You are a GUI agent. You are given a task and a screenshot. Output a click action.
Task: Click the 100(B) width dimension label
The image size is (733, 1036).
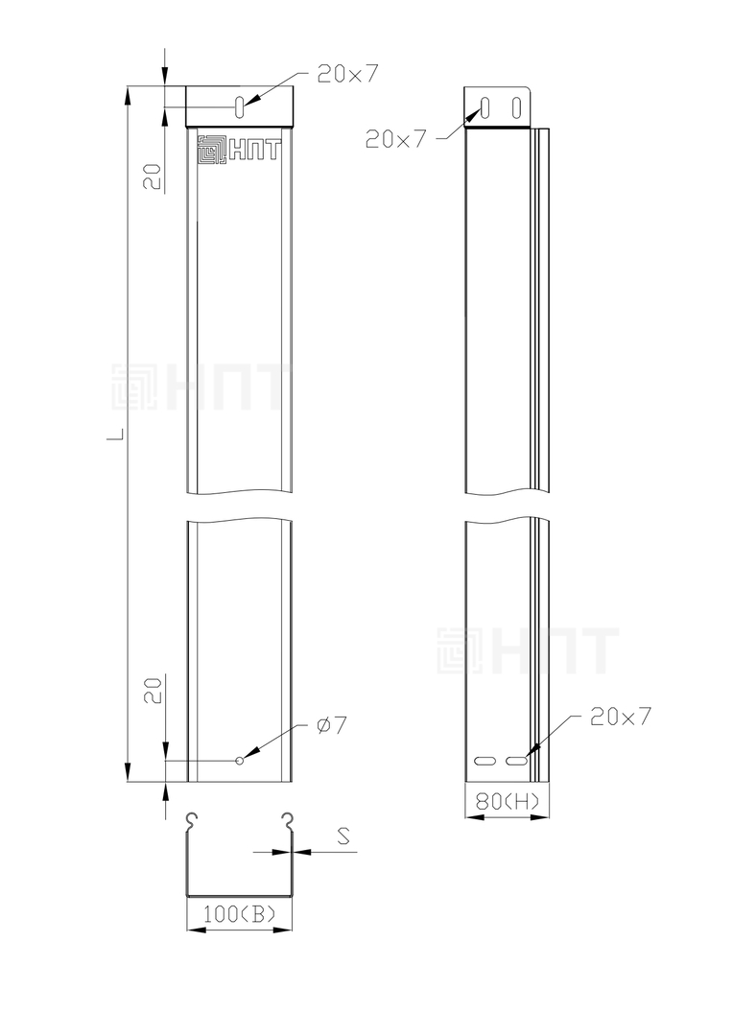pyautogui.click(x=239, y=914)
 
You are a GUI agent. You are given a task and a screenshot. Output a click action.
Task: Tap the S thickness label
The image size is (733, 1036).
pyautogui.click(x=343, y=836)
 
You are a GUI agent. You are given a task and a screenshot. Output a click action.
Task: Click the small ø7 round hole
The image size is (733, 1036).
pyautogui.click(x=240, y=761)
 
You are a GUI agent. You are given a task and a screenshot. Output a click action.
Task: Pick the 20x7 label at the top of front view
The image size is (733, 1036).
pyautogui.click(x=347, y=74)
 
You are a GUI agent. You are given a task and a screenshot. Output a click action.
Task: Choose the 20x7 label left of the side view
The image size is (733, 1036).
pyautogui.click(x=396, y=139)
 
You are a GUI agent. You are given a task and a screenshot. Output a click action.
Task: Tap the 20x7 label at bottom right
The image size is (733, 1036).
pyautogui.click(x=621, y=717)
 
